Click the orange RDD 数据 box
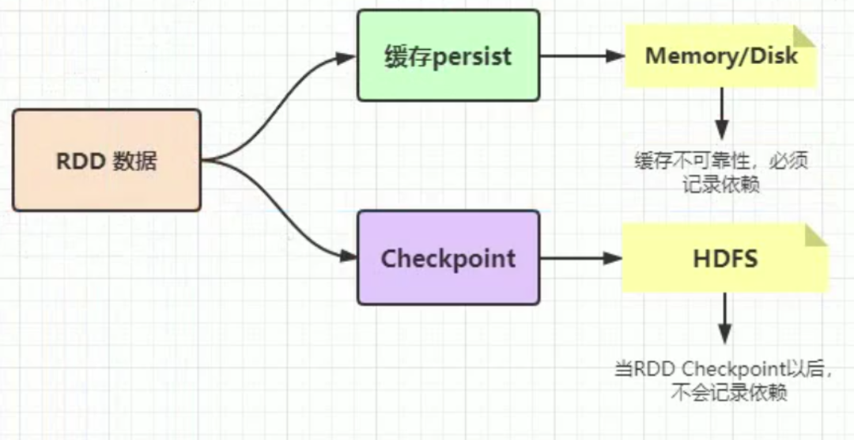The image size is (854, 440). [107, 161]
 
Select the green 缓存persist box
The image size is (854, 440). [448, 55]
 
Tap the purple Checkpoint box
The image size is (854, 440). [448, 258]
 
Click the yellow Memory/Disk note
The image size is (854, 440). [720, 55]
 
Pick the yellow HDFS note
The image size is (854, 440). [724, 259]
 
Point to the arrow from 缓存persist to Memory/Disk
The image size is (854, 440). [583, 56]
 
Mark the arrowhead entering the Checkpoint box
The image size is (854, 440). [347, 256]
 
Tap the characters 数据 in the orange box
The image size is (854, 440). [135, 161]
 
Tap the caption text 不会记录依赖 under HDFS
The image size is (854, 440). [729, 392]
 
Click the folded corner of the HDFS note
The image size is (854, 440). [816, 234]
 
